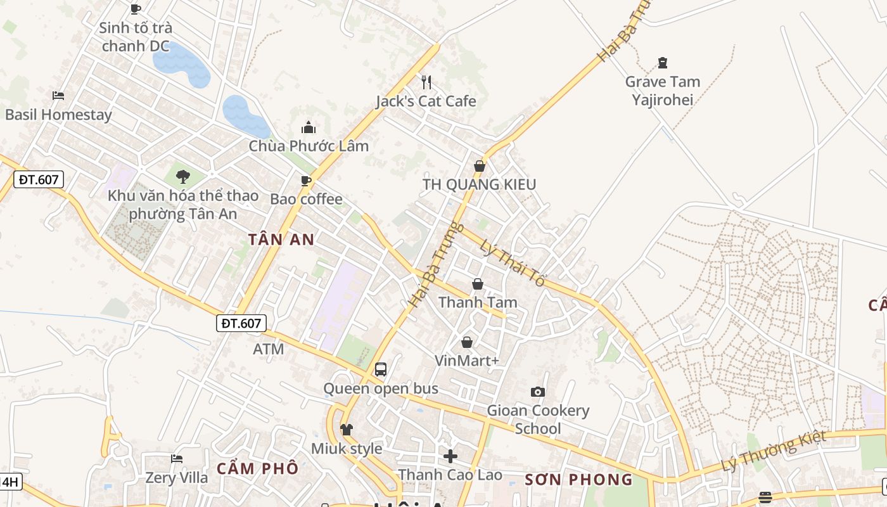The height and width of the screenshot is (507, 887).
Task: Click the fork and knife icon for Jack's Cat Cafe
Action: coord(426,82)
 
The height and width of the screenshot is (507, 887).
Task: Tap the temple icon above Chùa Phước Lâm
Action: coord(309,127)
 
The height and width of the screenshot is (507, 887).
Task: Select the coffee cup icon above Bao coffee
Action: coord(306,181)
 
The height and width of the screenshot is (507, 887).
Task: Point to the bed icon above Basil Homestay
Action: coord(58,96)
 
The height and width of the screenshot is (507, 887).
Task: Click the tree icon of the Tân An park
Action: coord(183,176)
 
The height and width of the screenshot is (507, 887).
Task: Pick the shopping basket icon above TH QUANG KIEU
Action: coord(480,166)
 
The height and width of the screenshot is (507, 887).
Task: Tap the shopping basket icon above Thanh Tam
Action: coord(478,284)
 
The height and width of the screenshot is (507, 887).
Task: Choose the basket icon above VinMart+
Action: coord(467,342)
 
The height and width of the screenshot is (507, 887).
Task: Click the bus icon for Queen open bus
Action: coord(380,369)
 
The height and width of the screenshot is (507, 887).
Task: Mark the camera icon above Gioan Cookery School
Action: coord(538,392)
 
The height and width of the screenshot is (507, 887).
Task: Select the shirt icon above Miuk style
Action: coord(346,429)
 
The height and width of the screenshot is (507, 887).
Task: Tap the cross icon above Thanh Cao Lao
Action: coord(450,456)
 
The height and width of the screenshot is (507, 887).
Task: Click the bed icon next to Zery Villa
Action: coord(177,458)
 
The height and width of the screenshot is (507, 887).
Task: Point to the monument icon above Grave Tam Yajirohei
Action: coord(663,63)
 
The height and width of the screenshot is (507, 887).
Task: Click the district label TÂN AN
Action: coord(281,240)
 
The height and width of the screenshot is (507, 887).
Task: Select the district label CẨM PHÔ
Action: coord(257,469)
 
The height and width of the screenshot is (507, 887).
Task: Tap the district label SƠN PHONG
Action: coord(578,480)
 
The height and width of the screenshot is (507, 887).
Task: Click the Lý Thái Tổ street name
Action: coord(512,262)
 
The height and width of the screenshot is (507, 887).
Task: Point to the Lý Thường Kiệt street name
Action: coord(775,451)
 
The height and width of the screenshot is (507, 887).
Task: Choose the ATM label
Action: coord(269,349)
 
